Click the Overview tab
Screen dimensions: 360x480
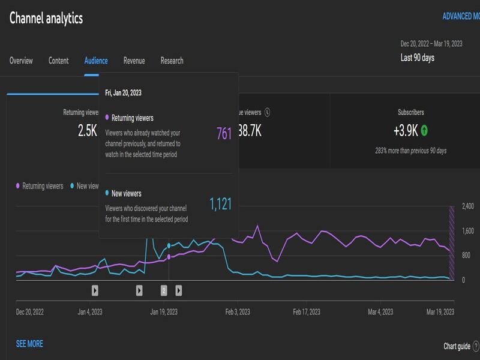21,61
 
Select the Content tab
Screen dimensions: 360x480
58,61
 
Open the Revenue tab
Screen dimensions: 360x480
134,61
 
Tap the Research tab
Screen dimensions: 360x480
172,61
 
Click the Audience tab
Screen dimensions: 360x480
96,61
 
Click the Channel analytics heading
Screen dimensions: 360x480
46,18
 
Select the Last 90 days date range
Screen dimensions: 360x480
418,58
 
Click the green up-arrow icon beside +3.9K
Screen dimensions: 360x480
424,130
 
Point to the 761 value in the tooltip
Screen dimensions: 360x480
224,134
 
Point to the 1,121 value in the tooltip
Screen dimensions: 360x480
220,205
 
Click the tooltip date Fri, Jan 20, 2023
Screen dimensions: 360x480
123,93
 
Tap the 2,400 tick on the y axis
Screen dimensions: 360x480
467,206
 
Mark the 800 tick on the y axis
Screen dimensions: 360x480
466,256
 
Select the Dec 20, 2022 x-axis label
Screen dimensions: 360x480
29,312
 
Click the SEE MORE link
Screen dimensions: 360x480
29,344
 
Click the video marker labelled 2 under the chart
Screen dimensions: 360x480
164,290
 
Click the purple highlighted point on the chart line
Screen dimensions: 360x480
169,257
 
